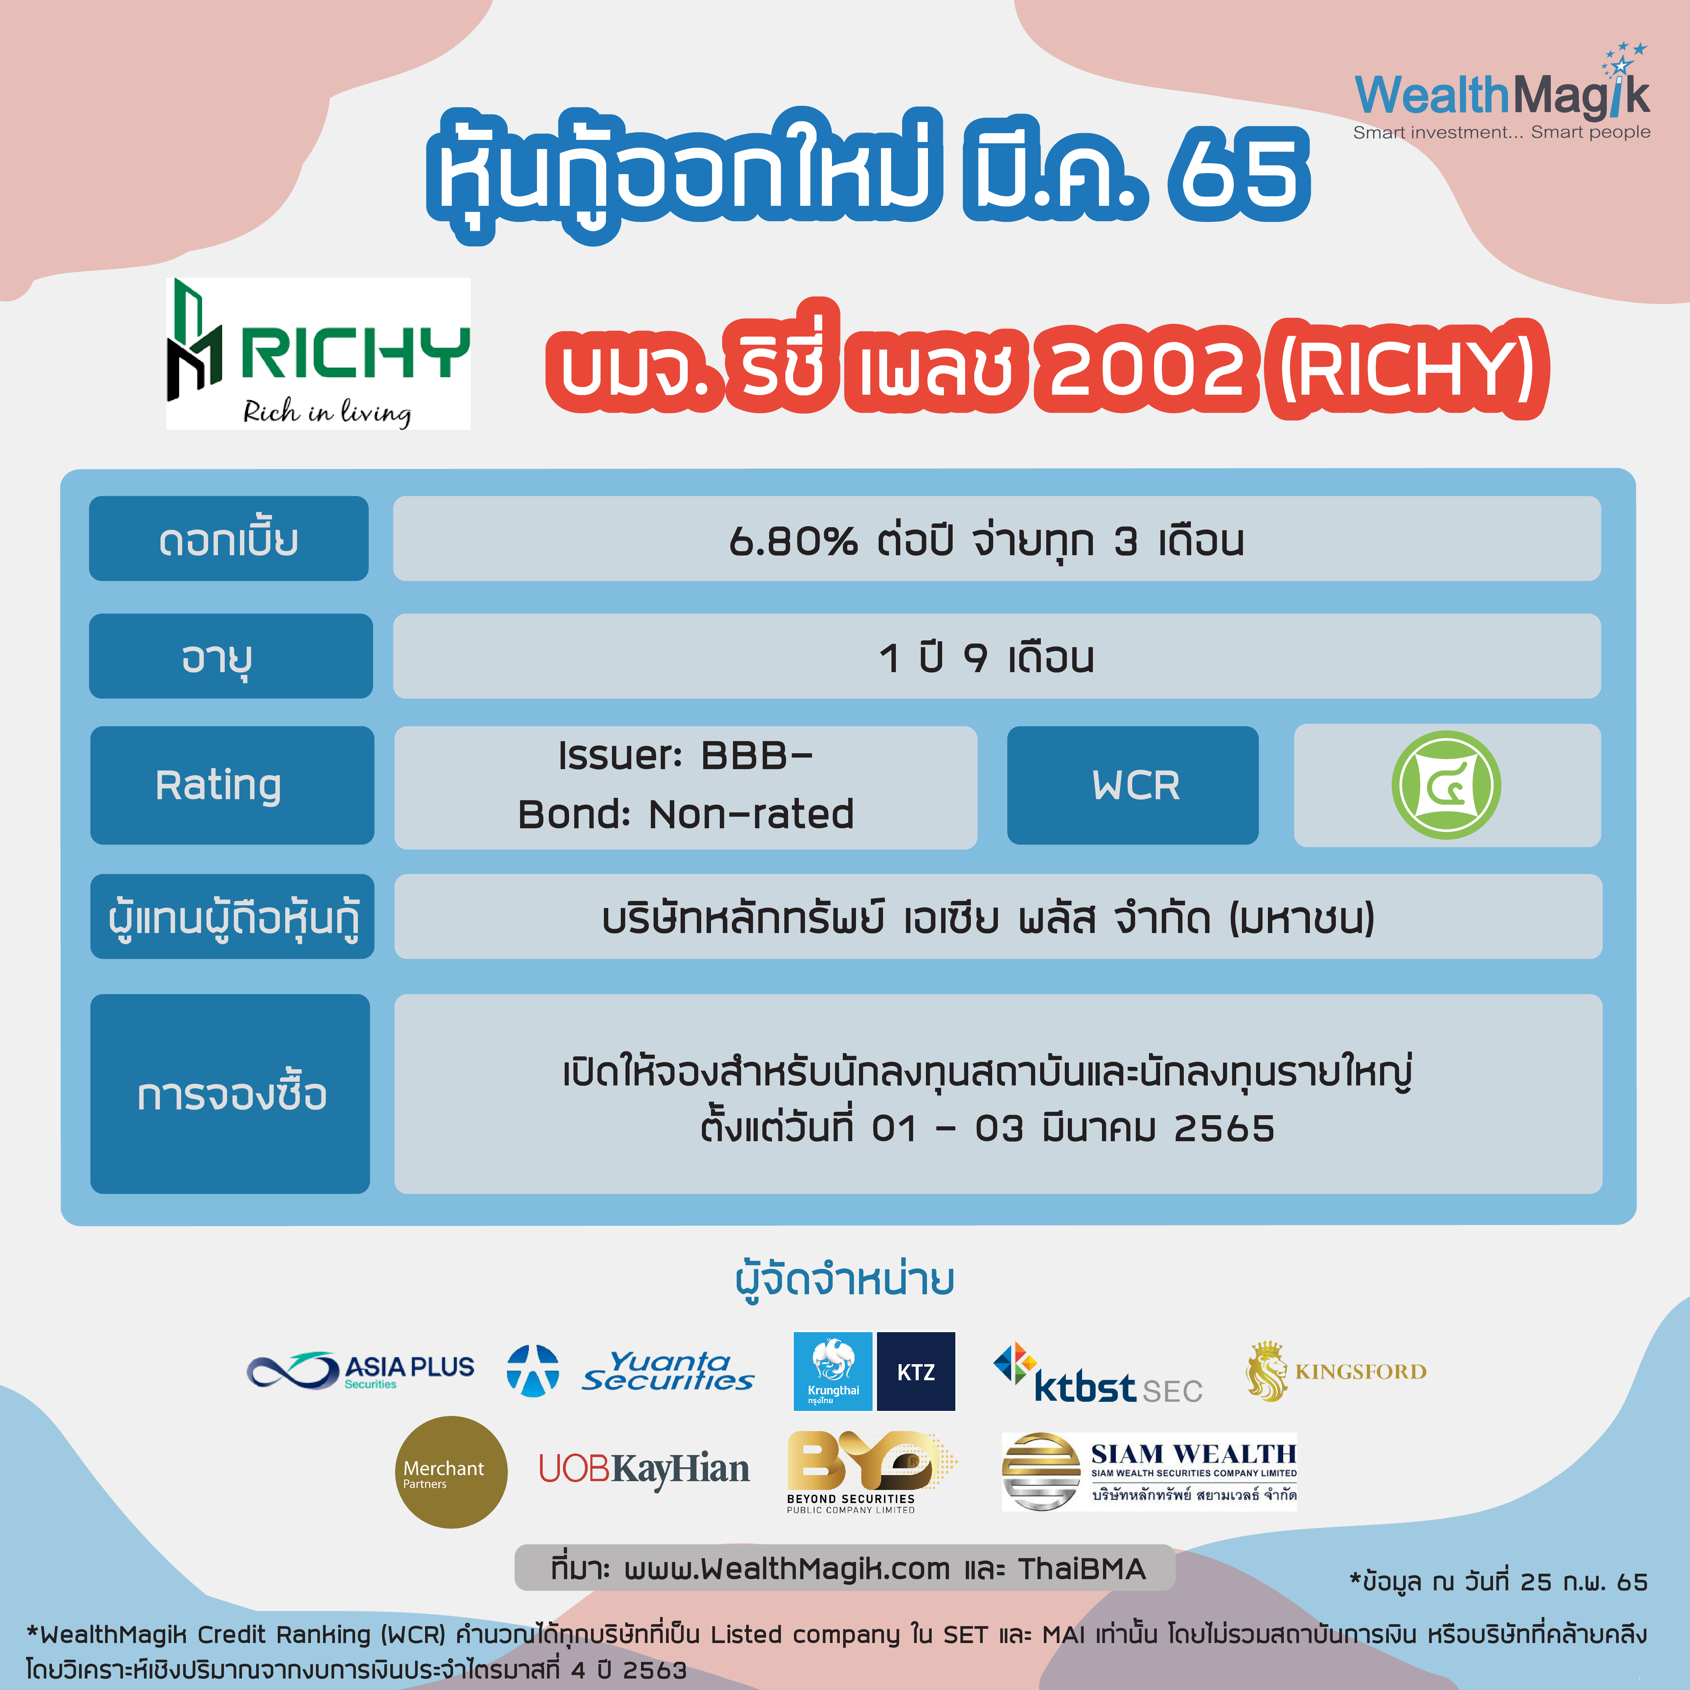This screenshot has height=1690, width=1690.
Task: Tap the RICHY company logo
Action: click(318, 353)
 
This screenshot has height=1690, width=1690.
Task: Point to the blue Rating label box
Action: click(232, 785)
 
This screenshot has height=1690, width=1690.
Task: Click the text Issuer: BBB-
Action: click(686, 755)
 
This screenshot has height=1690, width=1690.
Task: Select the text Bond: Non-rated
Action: click(686, 814)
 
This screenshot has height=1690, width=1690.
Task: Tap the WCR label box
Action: click(1133, 785)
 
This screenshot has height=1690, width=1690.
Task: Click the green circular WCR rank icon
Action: click(1446, 785)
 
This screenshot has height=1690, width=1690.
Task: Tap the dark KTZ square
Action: click(916, 1371)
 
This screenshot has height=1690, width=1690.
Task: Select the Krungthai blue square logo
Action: click(833, 1371)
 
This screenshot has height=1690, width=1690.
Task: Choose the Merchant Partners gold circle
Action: click(451, 1472)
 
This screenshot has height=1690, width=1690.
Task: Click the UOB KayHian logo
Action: click(644, 1470)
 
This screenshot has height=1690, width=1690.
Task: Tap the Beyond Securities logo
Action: click(871, 1472)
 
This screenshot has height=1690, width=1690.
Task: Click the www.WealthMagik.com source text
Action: click(786, 1568)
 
